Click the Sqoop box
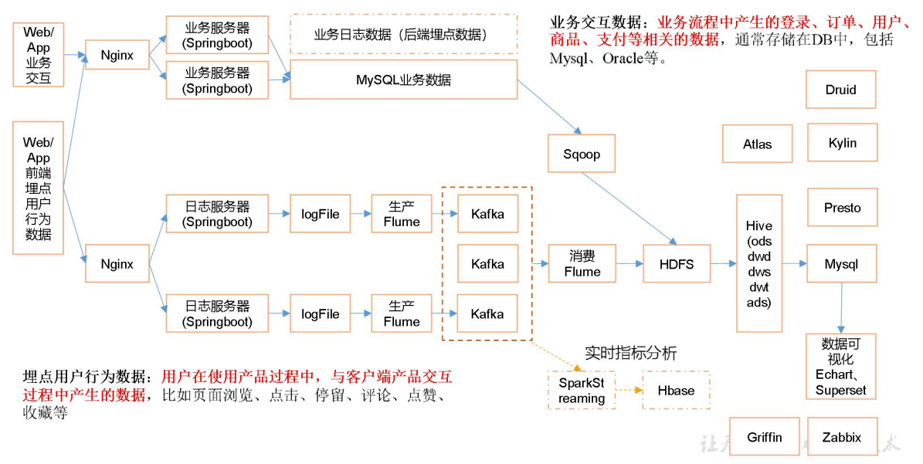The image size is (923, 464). point(582,154)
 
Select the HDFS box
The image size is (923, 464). point(676,264)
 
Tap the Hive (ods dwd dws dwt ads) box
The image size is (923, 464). point(758,264)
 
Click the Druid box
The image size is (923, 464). point(840,90)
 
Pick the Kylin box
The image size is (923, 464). point(841,143)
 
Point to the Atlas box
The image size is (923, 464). point(757,144)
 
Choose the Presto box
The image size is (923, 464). point(841,208)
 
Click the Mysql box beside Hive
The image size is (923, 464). point(841,264)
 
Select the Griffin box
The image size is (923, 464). point(764,437)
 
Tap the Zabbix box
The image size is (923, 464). point(841,437)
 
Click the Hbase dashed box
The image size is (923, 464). point(676,390)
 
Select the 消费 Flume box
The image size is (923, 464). point(582,264)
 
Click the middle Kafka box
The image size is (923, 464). point(487,264)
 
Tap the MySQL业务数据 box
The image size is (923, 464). point(403,80)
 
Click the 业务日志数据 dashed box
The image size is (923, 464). point(403,35)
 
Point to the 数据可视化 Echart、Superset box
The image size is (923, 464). point(840,366)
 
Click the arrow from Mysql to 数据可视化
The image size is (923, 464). point(840,308)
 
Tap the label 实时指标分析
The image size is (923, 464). point(630,354)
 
